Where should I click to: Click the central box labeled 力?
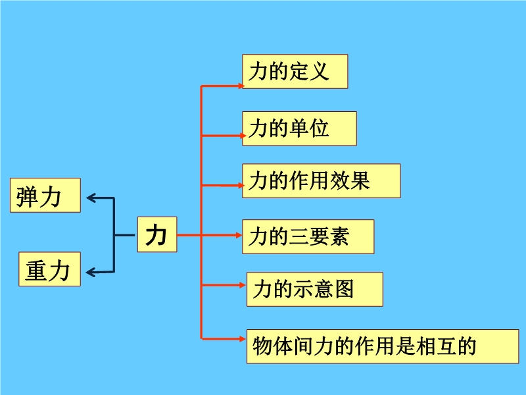tap(157, 234)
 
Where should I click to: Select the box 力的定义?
tap(295, 71)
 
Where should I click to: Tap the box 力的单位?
tap(299, 128)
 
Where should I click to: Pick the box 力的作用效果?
tap(321, 180)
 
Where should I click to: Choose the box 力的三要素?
tap(308, 236)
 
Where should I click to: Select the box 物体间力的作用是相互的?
tap(382, 346)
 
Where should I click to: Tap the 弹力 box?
tap(45, 195)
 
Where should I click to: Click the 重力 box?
tap(49, 269)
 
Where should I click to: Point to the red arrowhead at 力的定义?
tap(239, 86)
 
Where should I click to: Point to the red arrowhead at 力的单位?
tap(239, 136)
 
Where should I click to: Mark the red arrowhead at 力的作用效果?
tap(239, 186)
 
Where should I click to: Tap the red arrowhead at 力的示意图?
tap(243, 285)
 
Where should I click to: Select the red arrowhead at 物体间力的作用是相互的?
tap(243, 338)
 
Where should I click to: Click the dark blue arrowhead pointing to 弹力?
tap(91, 197)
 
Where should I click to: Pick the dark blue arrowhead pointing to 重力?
tap(91, 271)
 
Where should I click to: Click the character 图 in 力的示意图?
tap(345, 289)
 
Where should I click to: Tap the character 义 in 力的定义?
tap(318, 71)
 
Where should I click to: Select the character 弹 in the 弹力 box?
tap(29, 196)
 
